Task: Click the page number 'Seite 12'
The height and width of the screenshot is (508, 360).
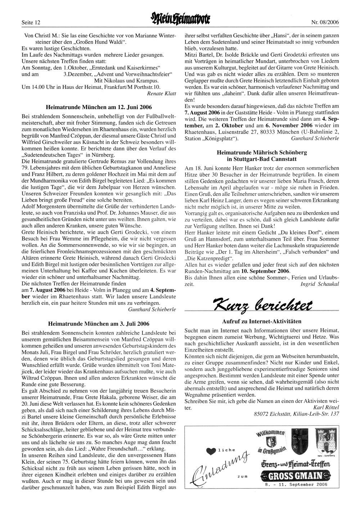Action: (x=31, y=22)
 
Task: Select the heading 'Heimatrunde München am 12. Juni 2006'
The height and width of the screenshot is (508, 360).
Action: (x=99, y=107)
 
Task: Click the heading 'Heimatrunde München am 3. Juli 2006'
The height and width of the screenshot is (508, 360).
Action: (x=99, y=323)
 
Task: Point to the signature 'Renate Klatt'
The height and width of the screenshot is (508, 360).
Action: (x=162, y=94)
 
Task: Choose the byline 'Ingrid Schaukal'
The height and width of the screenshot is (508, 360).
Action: (x=320, y=284)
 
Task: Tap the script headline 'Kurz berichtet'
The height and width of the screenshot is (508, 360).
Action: (x=262, y=303)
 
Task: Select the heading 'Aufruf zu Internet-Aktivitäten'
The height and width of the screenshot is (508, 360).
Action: (x=262, y=321)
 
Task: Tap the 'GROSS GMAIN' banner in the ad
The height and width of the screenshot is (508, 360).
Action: (x=296, y=476)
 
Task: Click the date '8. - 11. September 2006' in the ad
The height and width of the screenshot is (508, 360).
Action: (x=296, y=484)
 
